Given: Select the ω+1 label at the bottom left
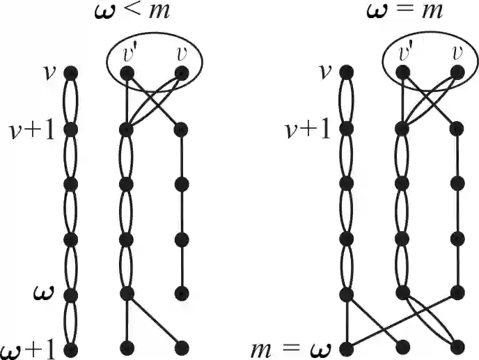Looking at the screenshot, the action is (x=28, y=346).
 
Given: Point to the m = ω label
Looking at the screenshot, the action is (x=293, y=346).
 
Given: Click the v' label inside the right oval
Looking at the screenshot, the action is (x=403, y=52).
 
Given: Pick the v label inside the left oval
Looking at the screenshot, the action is (x=182, y=53).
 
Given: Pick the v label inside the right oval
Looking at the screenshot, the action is (x=457, y=53).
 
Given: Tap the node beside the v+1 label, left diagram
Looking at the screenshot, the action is (x=70, y=129).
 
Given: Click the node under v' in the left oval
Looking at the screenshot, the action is (x=127, y=72).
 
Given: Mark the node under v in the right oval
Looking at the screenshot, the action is (x=457, y=72).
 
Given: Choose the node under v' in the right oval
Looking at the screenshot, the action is (x=402, y=72).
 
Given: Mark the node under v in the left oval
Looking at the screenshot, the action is (x=182, y=72).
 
